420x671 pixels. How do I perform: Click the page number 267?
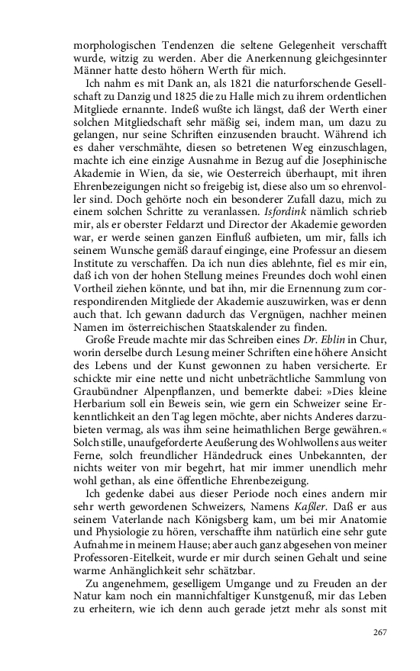tap(380, 632)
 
